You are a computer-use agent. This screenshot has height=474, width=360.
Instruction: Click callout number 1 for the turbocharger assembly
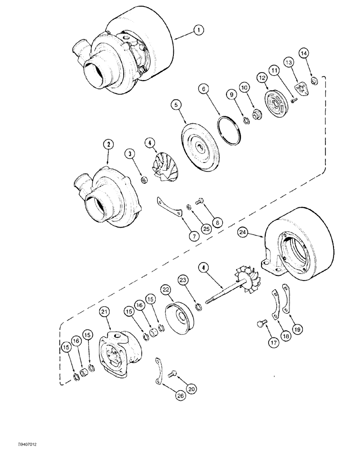click(x=199, y=30)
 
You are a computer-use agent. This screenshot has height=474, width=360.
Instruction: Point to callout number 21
click(x=105, y=311)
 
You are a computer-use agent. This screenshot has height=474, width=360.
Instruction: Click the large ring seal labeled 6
click(x=227, y=128)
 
